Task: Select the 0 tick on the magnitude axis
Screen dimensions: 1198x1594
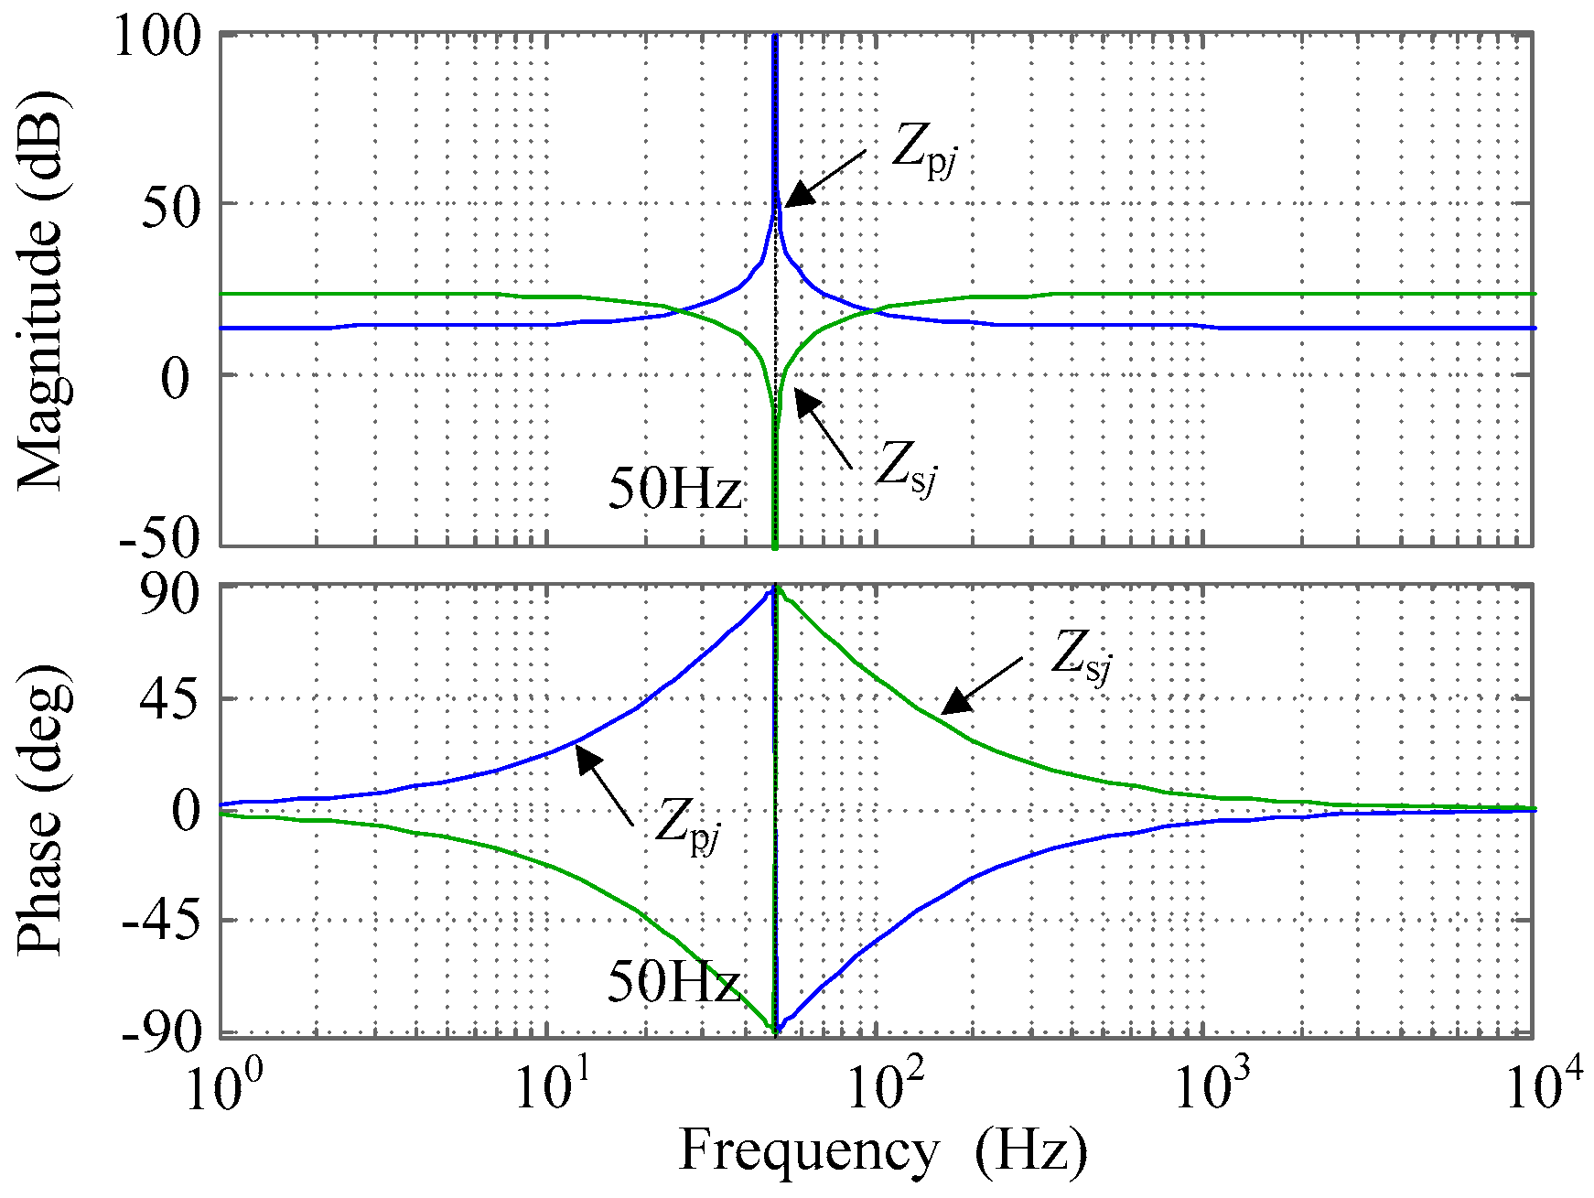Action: (x=180, y=377)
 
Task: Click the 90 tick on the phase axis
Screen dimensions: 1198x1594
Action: (x=170, y=597)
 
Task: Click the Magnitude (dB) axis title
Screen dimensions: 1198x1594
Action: (x=41, y=291)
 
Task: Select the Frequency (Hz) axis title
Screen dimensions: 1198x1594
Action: (x=882, y=1150)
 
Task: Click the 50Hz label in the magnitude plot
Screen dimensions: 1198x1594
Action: (x=674, y=489)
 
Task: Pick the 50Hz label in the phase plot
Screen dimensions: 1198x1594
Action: (x=674, y=982)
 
